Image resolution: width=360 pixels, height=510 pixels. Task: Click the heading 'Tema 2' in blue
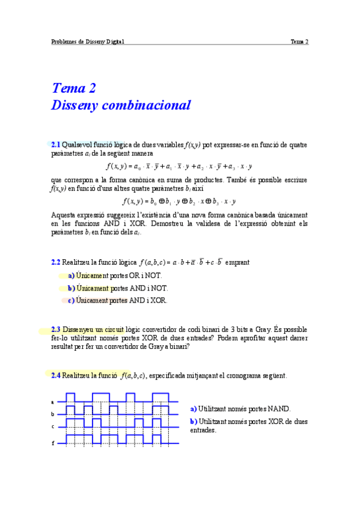tap(74, 88)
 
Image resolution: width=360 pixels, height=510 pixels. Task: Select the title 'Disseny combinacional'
tap(121, 105)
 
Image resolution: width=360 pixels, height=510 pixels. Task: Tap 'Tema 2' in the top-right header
tap(299, 41)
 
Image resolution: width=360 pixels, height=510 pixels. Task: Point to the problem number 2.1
tap(56, 145)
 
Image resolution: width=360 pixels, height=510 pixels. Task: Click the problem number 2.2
tap(56, 262)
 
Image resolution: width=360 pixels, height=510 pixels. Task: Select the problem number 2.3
tap(56, 330)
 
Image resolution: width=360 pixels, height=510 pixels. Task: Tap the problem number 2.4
tap(56, 376)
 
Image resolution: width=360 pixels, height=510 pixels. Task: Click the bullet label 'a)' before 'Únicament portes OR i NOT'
tap(72, 275)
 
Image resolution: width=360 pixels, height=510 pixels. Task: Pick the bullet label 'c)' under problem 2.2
tap(72, 300)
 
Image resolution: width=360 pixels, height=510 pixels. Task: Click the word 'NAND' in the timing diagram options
tap(279, 409)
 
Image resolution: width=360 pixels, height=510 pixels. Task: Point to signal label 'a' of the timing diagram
tap(53, 402)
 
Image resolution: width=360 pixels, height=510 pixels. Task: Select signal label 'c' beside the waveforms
tap(53, 427)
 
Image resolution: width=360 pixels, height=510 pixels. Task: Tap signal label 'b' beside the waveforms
tap(53, 414)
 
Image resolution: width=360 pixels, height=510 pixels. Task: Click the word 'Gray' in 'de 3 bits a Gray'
tap(262, 330)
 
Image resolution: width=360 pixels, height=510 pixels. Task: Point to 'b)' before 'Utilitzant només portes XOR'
tap(194, 422)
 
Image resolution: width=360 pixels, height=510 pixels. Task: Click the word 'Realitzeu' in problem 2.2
tap(78, 262)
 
